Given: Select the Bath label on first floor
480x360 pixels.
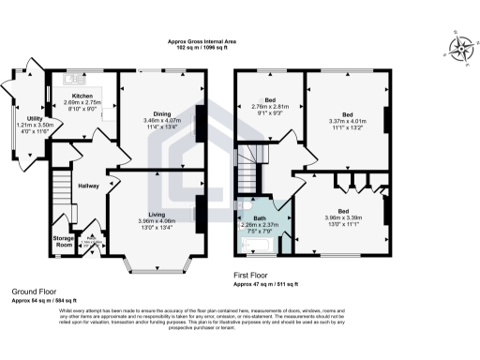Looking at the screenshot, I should (253, 218).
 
